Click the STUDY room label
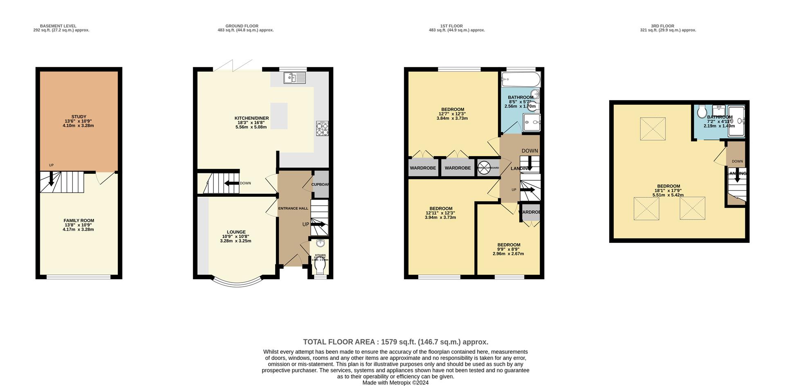click(78, 117)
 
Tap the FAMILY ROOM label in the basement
click(78, 221)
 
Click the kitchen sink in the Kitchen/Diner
click(294, 78)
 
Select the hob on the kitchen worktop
click(322, 129)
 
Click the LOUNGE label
click(236, 232)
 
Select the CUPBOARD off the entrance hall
click(320, 184)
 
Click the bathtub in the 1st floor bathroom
click(520, 79)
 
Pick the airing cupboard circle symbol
click(484, 168)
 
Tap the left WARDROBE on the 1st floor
click(423, 168)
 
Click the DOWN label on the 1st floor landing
click(529, 151)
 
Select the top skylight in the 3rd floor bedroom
click(653, 129)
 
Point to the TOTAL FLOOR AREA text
click(395, 342)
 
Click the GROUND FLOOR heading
click(242, 26)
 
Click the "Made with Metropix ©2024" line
click(395, 383)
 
